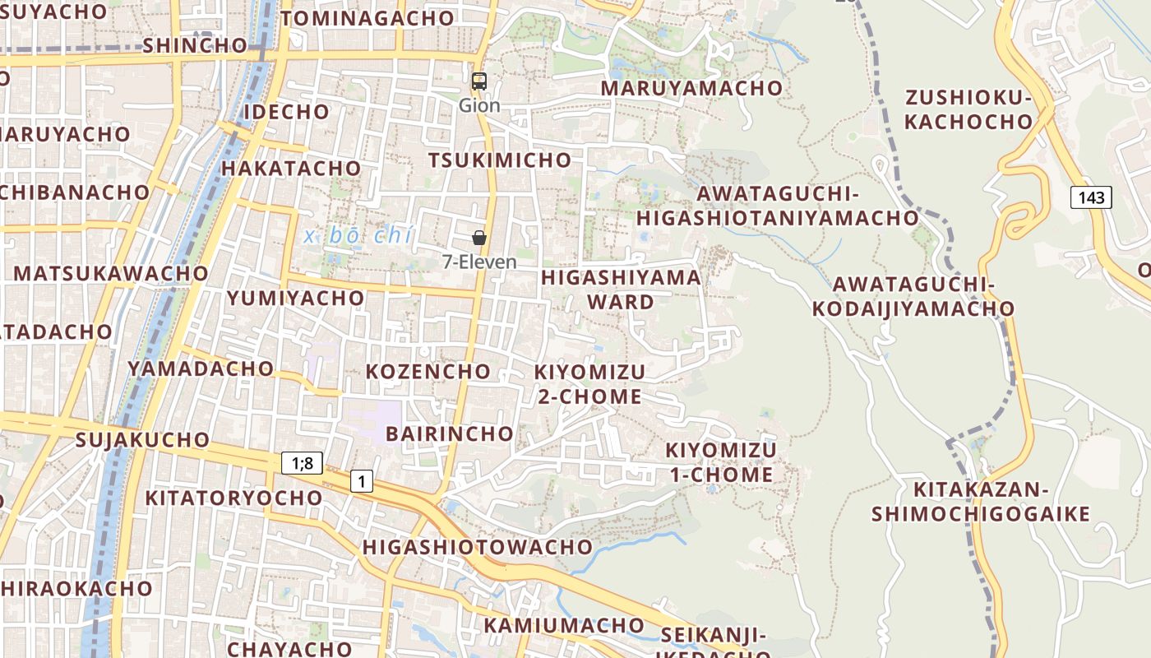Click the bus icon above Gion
point(479,81)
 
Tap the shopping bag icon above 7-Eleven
point(479,238)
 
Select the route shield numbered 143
point(1091,197)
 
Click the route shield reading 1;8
point(303,463)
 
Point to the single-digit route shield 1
point(361,480)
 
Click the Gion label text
point(479,105)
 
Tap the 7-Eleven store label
point(479,262)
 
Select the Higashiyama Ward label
point(622,290)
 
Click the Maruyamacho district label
point(691,88)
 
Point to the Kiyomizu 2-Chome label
point(589,384)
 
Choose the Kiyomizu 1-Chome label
point(720,462)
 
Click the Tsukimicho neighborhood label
point(500,160)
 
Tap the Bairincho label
point(449,433)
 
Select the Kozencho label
point(428,371)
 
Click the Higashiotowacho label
point(477,547)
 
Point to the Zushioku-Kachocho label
point(968,110)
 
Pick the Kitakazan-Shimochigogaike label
point(981,502)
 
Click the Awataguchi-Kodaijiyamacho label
point(913,297)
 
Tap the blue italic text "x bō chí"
point(358,236)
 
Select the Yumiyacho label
point(295,298)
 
